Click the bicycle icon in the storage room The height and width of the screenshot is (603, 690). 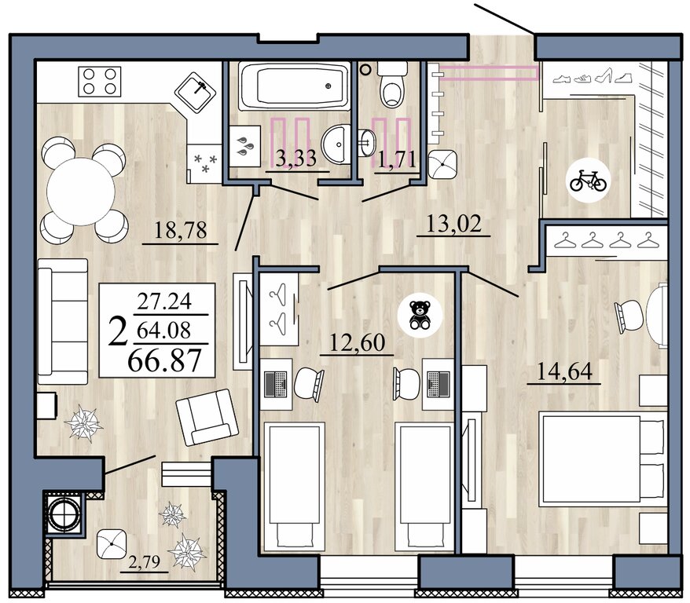(588, 181)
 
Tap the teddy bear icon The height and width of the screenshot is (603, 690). (420, 315)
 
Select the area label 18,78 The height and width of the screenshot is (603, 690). (181, 230)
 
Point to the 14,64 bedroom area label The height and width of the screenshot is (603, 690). (564, 371)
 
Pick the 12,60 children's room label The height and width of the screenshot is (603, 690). (357, 342)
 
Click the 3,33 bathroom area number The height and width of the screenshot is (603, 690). (296, 159)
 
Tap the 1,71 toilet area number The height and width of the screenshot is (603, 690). (398, 159)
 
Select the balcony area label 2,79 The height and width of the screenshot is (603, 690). (144, 561)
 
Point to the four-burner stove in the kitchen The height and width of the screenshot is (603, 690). (100, 82)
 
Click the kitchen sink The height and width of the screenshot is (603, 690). (196, 92)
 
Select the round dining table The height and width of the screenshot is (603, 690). (81, 192)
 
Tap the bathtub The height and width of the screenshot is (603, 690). (295, 86)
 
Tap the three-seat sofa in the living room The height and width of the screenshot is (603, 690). (63, 322)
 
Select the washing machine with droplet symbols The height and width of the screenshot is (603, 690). (245, 146)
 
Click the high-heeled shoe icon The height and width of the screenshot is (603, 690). (603, 75)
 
